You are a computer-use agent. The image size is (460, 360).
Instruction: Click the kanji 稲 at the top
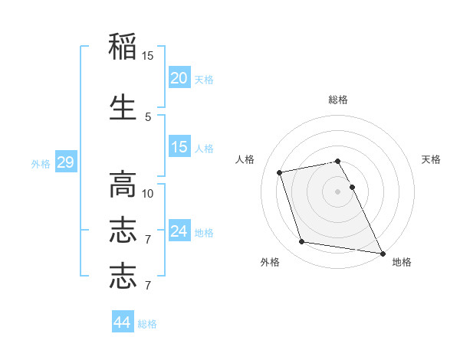coord(123,47)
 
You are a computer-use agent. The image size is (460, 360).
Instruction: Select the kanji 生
coord(123,106)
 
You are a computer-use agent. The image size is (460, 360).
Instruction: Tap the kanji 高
coord(123,185)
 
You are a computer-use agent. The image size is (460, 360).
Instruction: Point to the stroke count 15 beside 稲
coord(148,56)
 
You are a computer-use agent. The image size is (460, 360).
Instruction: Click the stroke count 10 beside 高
coord(148,193)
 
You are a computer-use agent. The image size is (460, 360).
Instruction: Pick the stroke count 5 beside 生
coord(148,116)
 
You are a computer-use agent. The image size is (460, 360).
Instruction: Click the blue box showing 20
coord(179,78)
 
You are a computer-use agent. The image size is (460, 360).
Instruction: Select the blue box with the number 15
coord(179,147)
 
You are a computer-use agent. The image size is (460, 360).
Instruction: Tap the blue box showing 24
coord(179,231)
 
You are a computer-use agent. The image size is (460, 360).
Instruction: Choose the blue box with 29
coord(65,162)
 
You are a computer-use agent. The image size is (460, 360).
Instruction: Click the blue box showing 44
coord(122,323)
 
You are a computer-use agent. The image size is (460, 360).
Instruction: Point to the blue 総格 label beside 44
coord(147,324)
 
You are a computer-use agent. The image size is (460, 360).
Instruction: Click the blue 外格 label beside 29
coord(40,163)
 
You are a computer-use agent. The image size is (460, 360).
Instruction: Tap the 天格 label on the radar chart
coord(431,159)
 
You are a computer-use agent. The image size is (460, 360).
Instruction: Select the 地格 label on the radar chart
coord(402,262)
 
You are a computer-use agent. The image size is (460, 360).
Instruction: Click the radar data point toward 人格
coord(280,172)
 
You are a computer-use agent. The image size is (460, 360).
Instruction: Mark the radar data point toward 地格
coord(382,253)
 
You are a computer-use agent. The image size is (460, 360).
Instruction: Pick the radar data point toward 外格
coord(302,242)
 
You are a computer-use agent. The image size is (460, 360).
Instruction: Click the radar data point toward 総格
coord(337,161)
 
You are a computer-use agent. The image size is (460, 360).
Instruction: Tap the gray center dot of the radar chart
coord(337,191)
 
